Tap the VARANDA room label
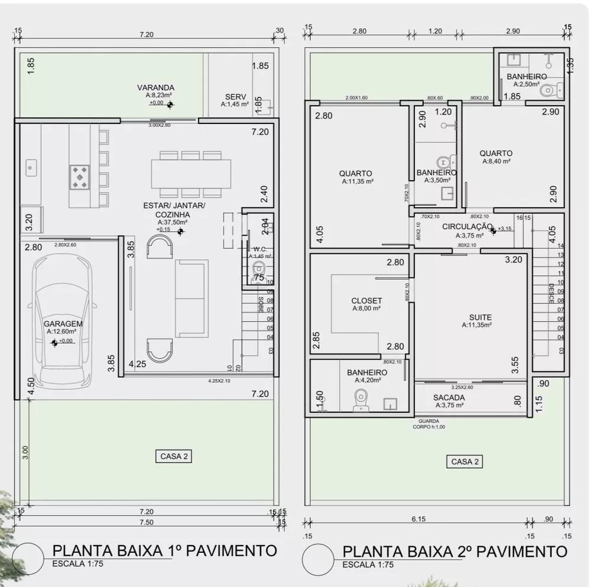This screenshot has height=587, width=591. coord(155,87)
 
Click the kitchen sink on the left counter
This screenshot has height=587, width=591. coord(31,167)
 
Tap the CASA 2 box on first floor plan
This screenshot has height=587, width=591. coord(175,456)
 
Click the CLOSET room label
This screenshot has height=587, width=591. coord(366,301)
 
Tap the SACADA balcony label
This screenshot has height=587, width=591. coord(449,397)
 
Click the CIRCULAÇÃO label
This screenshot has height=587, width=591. coord(467,226)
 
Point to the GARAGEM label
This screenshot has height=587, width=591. coord(63,324)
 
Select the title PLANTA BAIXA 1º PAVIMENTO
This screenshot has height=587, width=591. coord(164,550)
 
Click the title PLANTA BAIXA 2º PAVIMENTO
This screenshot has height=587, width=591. coord(454,552)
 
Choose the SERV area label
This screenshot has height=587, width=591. coord(236,97)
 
